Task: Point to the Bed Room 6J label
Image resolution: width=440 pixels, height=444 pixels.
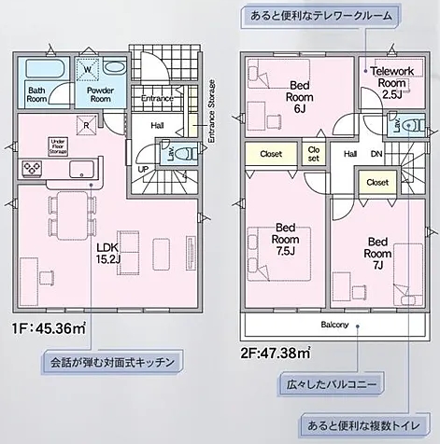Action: pyautogui.click(x=298, y=94)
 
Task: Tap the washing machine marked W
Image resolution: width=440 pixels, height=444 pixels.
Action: pyautogui.click(x=87, y=68)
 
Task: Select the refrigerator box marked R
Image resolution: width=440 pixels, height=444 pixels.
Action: pyautogui.click(x=86, y=124)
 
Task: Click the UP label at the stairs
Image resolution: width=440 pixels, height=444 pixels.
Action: pyautogui.click(x=143, y=169)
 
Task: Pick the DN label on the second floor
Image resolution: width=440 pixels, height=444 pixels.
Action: pyautogui.click(x=376, y=155)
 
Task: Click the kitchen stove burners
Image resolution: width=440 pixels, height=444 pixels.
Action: pyautogui.click(x=30, y=168)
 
